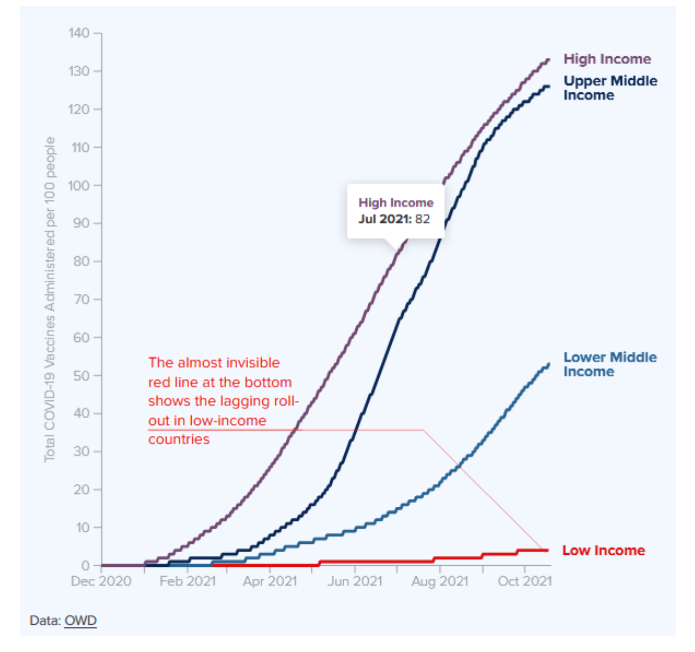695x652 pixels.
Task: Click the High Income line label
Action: [607, 59]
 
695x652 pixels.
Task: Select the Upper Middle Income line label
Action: [610, 88]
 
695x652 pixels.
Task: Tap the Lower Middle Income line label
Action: [610, 364]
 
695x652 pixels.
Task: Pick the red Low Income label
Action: [604, 550]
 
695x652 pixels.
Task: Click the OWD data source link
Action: [80, 621]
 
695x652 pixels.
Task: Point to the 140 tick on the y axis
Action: [79, 33]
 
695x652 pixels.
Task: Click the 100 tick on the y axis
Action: [79, 186]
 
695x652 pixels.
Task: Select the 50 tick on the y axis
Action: [81, 376]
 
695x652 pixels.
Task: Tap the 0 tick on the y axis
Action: [85, 566]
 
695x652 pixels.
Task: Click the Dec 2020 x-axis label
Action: [101, 581]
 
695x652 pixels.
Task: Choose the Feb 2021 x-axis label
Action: [187, 581]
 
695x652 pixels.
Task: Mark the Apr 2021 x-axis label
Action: [270, 581]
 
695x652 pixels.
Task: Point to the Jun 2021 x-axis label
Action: [355, 581]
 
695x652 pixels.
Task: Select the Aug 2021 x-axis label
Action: [440, 581]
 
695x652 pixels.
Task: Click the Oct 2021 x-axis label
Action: [525, 581]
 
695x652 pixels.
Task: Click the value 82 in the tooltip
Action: [422, 219]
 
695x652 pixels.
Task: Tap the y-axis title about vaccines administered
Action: [50, 299]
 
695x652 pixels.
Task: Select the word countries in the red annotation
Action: [179, 440]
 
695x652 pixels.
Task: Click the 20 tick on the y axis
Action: [81, 490]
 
